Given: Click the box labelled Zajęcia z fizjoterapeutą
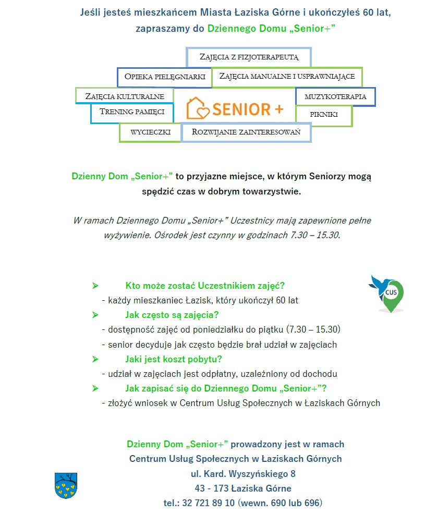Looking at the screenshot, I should pos(248,57).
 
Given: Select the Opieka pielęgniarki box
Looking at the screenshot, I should pos(164,77).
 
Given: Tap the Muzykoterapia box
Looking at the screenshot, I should pos(335,96).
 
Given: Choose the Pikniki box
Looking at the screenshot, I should pos(324,115).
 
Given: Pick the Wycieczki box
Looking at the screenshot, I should pos(150,132).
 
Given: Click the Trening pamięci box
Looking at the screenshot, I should pos(132,112).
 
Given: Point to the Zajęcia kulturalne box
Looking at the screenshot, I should pos(125,96).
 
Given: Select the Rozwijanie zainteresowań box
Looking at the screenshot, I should pos(246,132).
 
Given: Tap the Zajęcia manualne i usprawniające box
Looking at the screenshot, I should pos(287,76).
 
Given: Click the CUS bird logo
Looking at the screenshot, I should pos(387,294).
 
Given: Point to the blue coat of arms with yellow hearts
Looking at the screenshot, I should pos(66,485).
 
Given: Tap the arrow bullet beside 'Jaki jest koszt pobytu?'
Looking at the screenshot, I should pos(95,359).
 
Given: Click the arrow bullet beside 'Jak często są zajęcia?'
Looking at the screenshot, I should pos(95,315).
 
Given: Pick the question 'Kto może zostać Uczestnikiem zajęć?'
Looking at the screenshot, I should pos(205,286).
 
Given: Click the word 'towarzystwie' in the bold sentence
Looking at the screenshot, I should pos(275,191).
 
